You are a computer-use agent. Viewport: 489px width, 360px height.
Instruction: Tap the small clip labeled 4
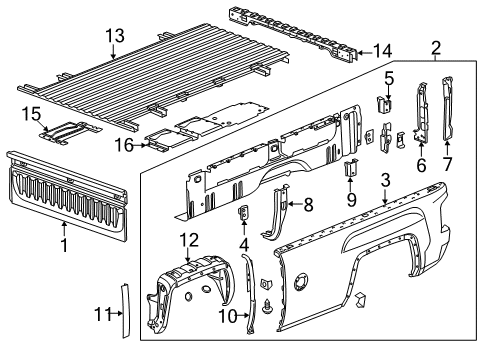coord(243,214)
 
